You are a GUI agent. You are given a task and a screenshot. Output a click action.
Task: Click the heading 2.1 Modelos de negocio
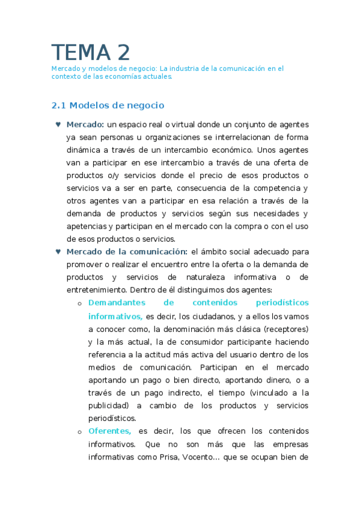(108, 105)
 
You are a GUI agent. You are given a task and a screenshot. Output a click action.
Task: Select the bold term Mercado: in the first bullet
(85, 124)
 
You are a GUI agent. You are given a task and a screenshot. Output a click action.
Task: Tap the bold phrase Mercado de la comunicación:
(127, 251)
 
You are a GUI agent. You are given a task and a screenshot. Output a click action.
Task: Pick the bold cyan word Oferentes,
(109, 431)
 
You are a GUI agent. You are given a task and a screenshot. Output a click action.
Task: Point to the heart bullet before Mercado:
(58, 124)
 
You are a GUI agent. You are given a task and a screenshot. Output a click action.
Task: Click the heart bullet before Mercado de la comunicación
(58, 251)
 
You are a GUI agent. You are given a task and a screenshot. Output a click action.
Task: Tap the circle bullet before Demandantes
(79, 303)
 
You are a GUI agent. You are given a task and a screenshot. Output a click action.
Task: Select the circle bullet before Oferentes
(79, 431)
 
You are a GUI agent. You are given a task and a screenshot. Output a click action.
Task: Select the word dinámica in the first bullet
(84, 150)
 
